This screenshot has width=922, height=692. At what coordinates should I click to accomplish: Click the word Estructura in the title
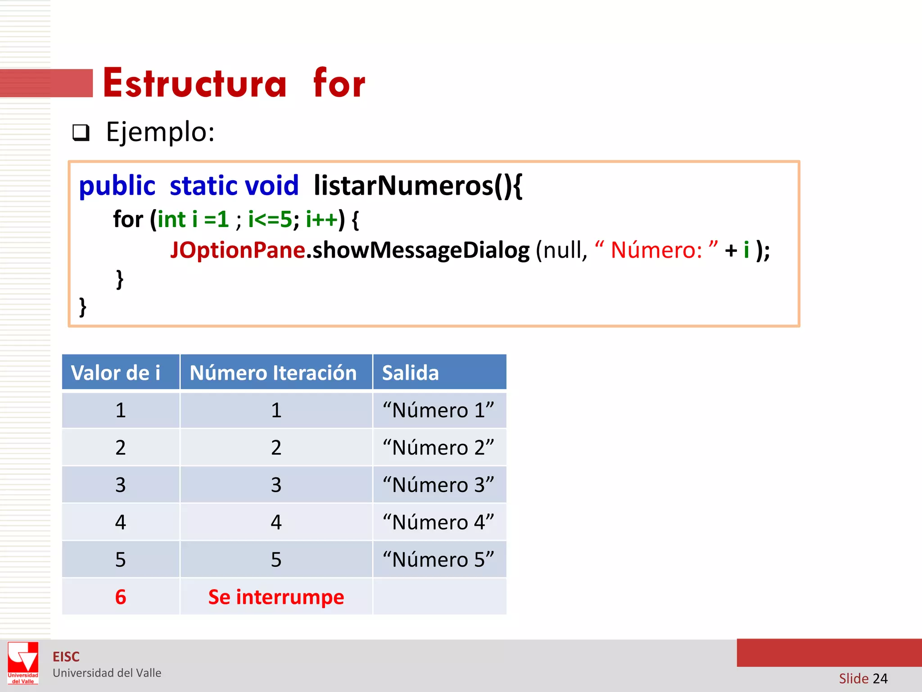[194, 83]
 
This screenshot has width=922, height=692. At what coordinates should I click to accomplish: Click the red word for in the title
[339, 83]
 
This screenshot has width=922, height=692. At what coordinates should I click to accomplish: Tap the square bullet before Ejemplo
[81, 133]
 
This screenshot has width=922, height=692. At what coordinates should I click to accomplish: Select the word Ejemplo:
[160, 132]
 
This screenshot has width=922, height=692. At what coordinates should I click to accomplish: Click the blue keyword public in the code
[117, 186]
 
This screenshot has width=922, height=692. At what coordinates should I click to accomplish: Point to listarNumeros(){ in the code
[418, 186]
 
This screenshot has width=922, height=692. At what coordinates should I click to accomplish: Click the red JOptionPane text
[238, 250]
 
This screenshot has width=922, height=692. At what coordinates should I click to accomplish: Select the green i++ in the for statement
[321, 220]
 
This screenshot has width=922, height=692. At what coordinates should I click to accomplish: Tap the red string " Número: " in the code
[656, 250]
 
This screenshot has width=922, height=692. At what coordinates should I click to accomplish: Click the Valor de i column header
[116, 373]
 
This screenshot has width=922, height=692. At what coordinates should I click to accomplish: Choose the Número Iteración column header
[273, 373]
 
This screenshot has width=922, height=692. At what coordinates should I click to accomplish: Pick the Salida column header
[410, 373]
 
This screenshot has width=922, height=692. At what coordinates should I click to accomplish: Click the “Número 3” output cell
[438, 485]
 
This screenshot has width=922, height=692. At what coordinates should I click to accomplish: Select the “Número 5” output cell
[438, 560]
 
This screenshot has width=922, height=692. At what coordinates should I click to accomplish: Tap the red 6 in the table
[120, 597]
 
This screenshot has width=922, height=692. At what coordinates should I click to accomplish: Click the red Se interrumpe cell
[276, 597]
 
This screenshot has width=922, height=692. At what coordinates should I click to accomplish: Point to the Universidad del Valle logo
[23, 663]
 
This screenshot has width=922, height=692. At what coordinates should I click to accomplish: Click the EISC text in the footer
[66, 657]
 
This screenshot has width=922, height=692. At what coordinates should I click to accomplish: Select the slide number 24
[880, 678]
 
